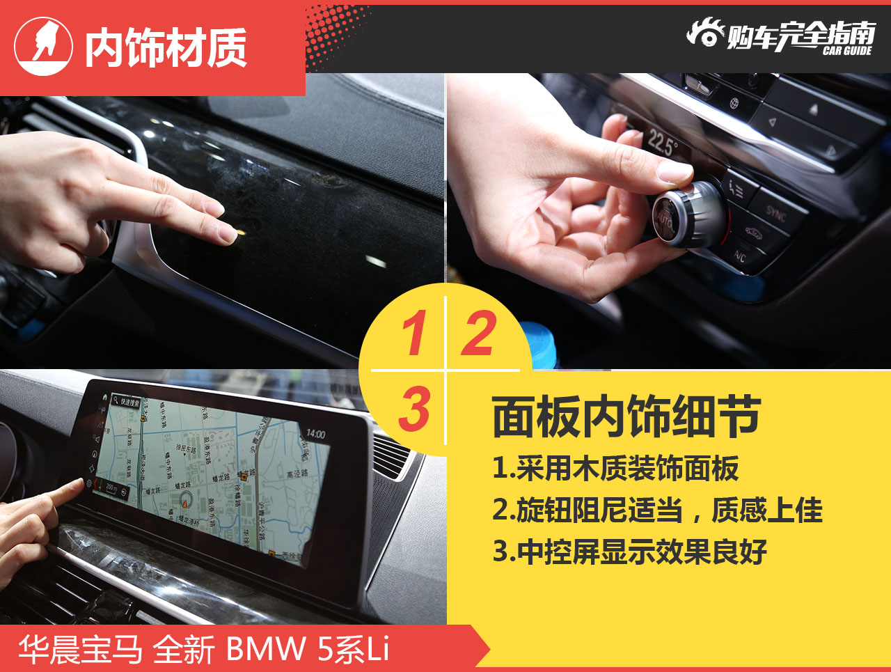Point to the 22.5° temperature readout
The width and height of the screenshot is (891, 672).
662,143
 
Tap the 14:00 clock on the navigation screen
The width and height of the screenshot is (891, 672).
315,434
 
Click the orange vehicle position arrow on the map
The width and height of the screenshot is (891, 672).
186,499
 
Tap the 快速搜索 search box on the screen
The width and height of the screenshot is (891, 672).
126,402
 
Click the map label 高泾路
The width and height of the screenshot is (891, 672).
297,474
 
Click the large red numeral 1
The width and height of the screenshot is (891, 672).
413,334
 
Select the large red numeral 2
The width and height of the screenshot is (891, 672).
479,334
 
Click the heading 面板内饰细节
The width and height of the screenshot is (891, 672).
626,416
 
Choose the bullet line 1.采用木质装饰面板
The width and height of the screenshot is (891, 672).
615,469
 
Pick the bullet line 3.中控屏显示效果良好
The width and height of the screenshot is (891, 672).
629,552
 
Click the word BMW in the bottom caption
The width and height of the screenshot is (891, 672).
266,649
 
